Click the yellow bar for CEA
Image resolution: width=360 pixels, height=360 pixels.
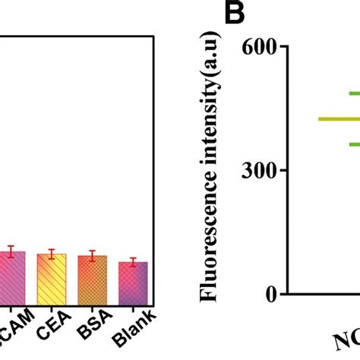coord(52,279)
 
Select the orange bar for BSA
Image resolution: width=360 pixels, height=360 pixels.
coord(93,279)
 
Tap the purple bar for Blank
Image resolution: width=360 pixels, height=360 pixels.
coord(133,283)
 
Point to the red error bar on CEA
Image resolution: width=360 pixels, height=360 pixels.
coord(52,254)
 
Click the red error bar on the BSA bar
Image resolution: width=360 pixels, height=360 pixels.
coord(93,256)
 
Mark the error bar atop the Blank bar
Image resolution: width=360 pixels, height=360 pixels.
coord(133,262)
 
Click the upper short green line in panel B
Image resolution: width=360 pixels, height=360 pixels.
coord(354,93)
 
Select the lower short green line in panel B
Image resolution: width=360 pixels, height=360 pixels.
coord(354,144)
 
